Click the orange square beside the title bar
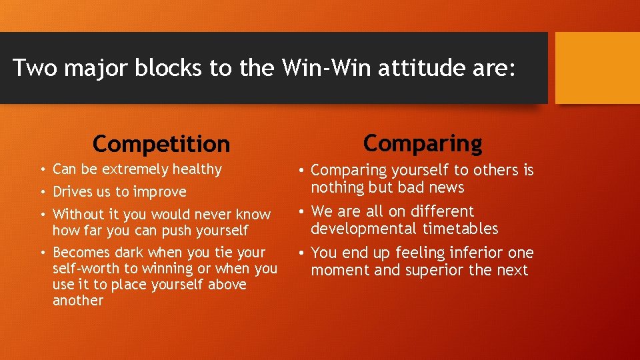coord(597,68)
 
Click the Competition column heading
coord(161,143)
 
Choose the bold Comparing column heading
coord(423,143)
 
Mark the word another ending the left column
coord(78,301)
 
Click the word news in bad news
coord(446,188)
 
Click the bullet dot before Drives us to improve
coord(41,192)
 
